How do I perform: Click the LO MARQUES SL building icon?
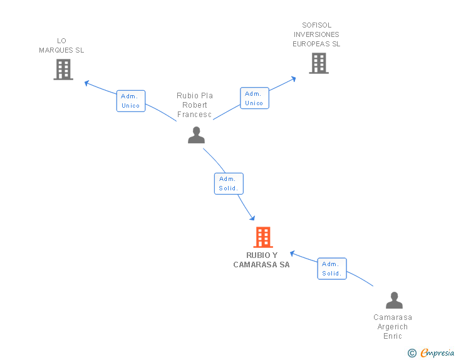pos(63,69)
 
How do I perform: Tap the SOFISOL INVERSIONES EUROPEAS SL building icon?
pos(319,63)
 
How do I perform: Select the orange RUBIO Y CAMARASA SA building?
pos(263,237)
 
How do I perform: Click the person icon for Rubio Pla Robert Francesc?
pos(196,135)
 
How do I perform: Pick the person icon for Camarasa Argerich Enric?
pos(394,300)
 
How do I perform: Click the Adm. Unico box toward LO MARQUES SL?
pos(131,101)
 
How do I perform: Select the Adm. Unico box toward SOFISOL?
pos(254,98)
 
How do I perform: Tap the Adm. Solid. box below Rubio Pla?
pos(229,184)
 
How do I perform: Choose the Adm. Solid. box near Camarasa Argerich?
pos(332,269)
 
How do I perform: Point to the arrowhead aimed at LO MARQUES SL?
pos(86,83)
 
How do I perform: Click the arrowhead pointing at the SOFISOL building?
pos(294,79)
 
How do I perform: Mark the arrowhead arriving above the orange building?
pos(252,218)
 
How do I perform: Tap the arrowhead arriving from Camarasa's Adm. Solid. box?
pos(293,254)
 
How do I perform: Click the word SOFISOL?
pos(317,25)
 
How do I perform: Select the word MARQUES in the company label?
pos(56,50)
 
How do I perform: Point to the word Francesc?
pos(194,115)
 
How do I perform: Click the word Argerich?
pos(393,327)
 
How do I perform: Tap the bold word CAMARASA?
pos(255,265)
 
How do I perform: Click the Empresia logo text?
pos(437,352)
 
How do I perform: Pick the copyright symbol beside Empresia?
pos(412,353)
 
